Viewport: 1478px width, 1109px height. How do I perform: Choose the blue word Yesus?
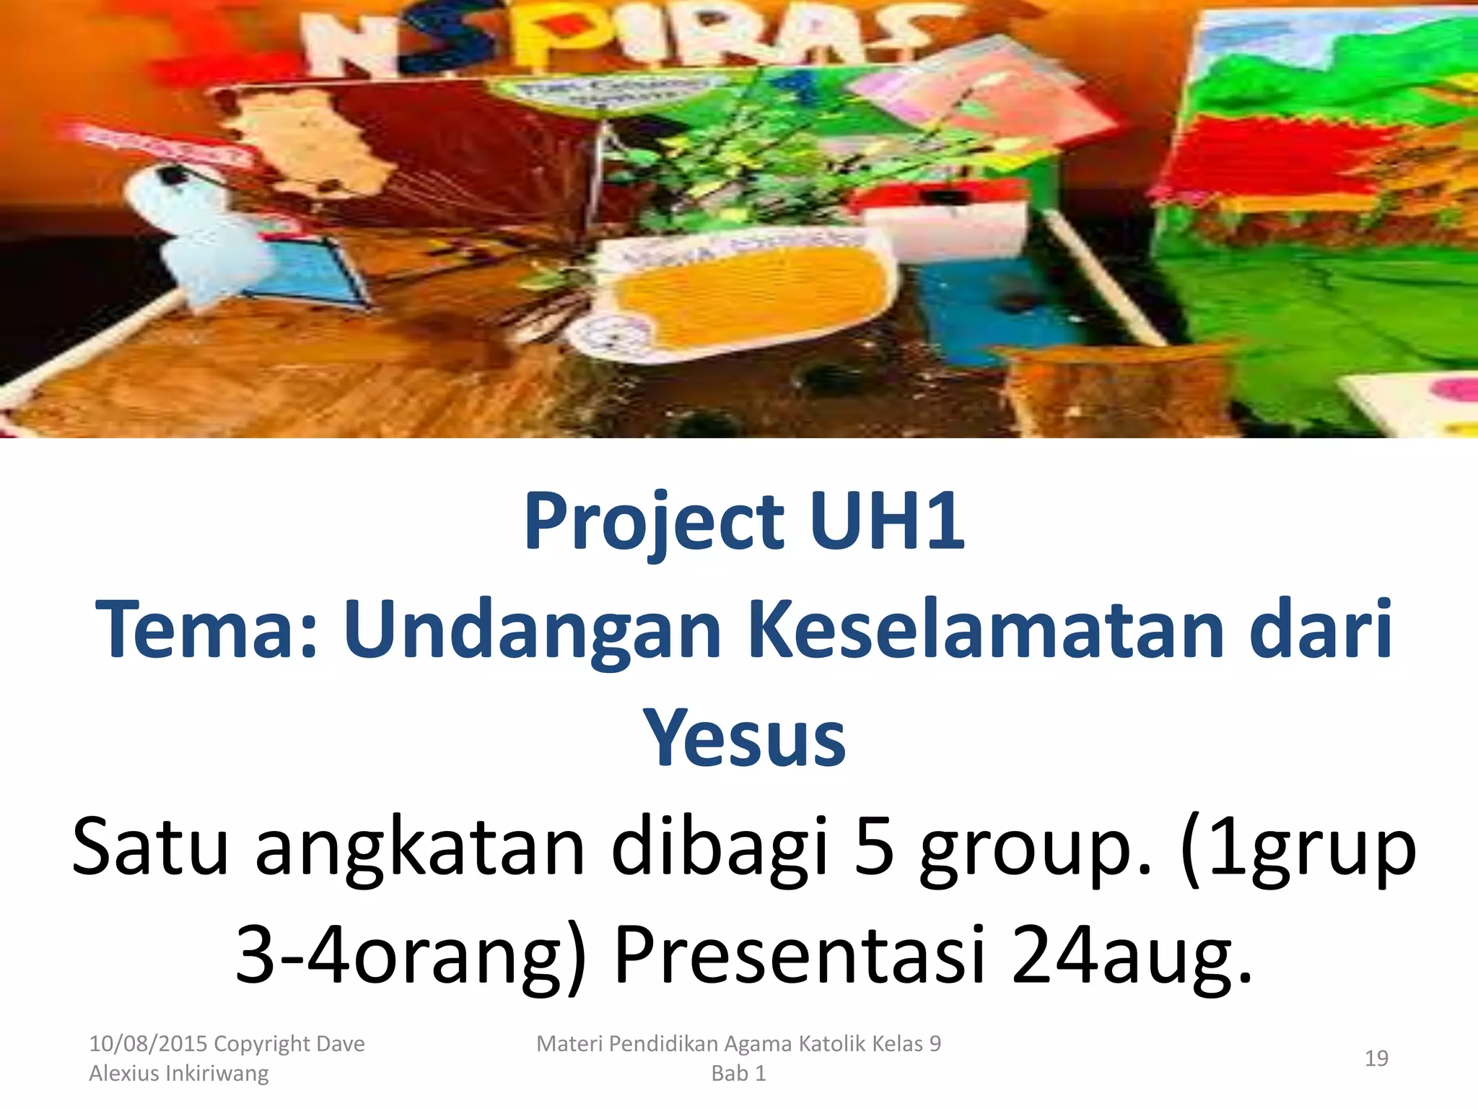[744, 738]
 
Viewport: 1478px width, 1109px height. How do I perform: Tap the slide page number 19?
[1376, 1058]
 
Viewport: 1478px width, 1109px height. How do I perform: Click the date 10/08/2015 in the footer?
[148, 1044]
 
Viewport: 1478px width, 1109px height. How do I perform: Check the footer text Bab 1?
[738, 1074]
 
